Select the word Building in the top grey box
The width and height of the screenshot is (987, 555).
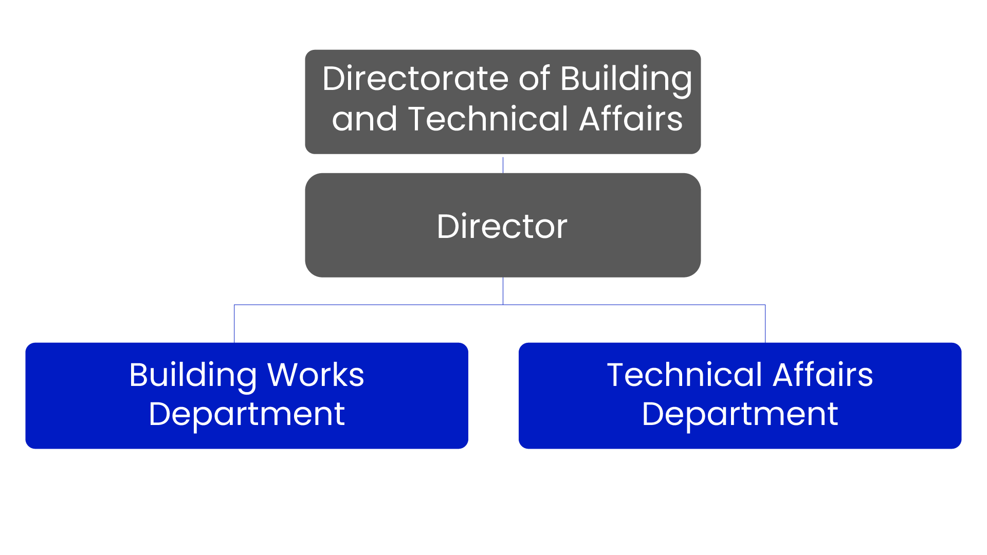[x=626, y=80]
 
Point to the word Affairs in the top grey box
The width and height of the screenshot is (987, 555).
[x=631, y=119]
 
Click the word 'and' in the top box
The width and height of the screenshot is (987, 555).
[x=364, y=119]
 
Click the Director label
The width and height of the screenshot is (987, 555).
[x=502, y=226]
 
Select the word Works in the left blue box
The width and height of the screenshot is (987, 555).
[x=316, y=375]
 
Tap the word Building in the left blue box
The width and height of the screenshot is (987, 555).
[x=193, y=376]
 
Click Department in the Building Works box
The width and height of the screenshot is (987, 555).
[x=247, y=415]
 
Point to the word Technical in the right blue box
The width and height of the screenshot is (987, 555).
[x=684, y=375]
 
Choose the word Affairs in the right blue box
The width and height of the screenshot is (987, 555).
[x=822, y=375]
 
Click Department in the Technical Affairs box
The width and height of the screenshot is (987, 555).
[x=740, y=415]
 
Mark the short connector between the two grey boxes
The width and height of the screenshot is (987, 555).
[x=503, y=164]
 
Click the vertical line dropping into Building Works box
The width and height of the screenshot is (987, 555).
[x=234, y=324]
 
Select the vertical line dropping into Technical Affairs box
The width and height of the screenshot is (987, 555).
[x=765, y=324]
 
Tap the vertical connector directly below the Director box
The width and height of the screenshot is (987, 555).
[x=503, y=291]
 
